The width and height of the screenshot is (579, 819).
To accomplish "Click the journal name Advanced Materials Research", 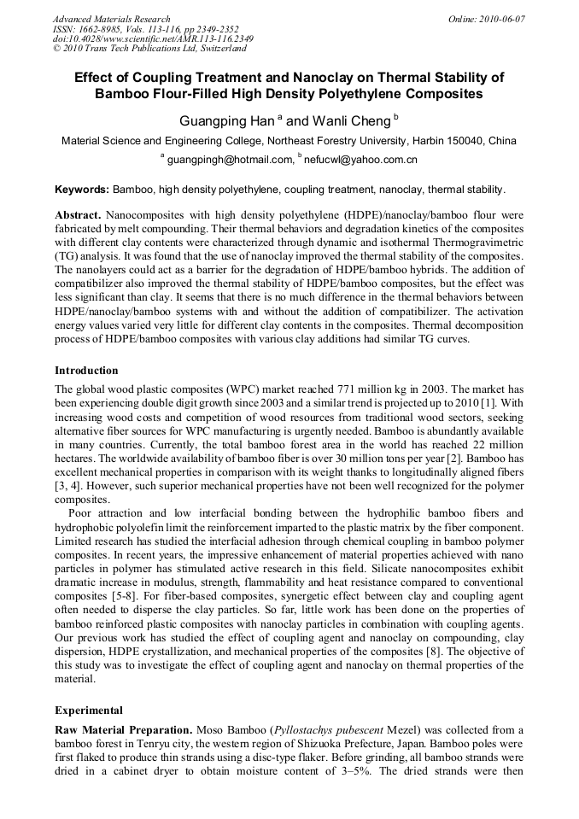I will pos(111,19).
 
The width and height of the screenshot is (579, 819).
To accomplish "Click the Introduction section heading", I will pos(86,371).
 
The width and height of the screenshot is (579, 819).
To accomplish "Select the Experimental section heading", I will pos(89,710).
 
